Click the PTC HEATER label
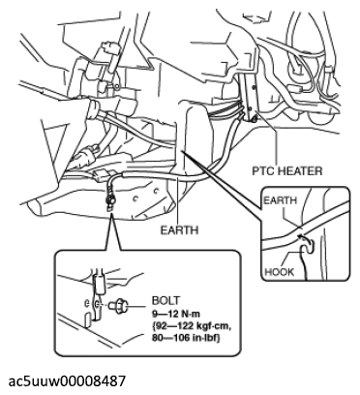coord(287,170)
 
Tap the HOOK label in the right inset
coord(280,272)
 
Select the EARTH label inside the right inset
coord(280,200)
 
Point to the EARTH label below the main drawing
coord(179,230)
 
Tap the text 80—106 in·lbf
coord(186,338)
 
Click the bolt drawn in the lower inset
coord(120,305)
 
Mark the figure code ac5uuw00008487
coord(67,380)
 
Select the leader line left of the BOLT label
coord(138,305)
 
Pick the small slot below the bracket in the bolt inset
coord(87,320)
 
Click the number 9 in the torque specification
coord(155,314)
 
